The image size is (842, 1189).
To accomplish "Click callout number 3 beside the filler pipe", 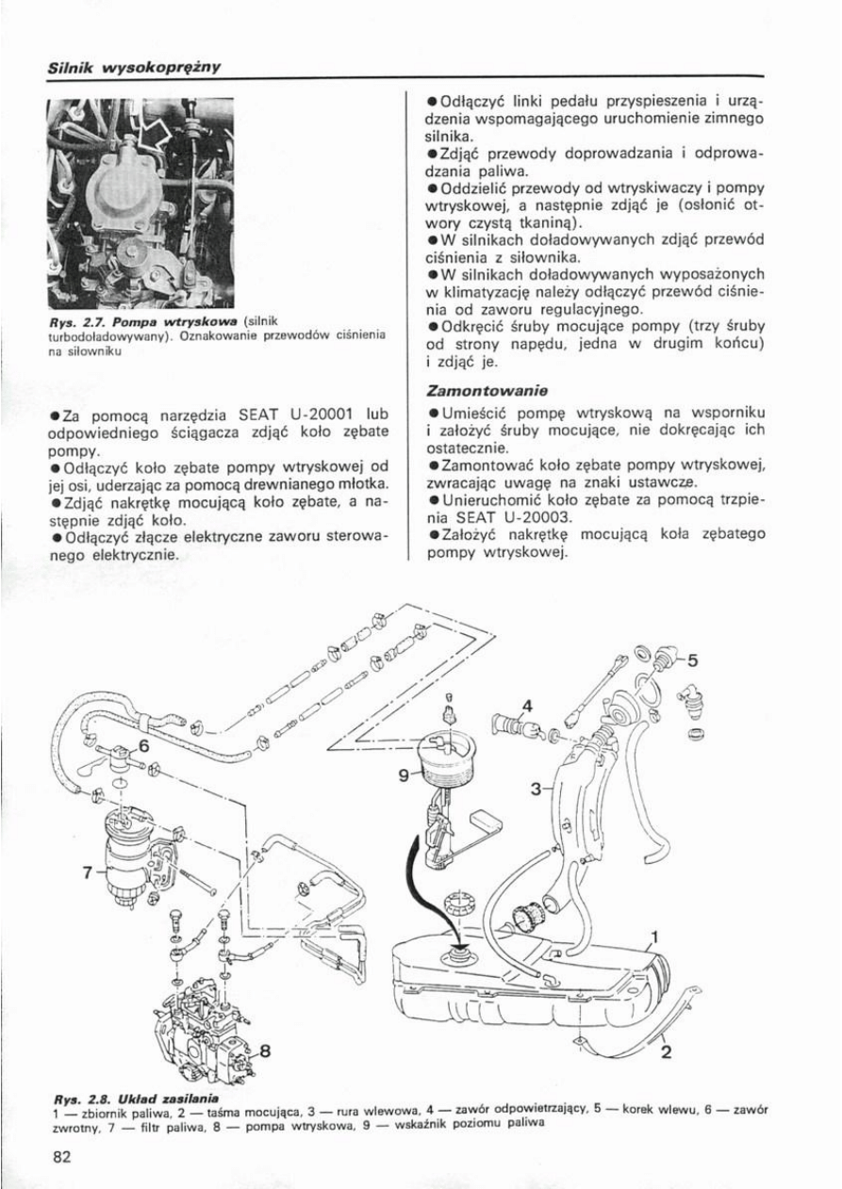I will pyautogui.click(x=535, y=788).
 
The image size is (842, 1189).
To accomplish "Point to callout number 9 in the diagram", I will pyautogui.click(x=404, y=774).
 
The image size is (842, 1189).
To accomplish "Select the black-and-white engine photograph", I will pyautogui.click(x=140, y=203).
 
